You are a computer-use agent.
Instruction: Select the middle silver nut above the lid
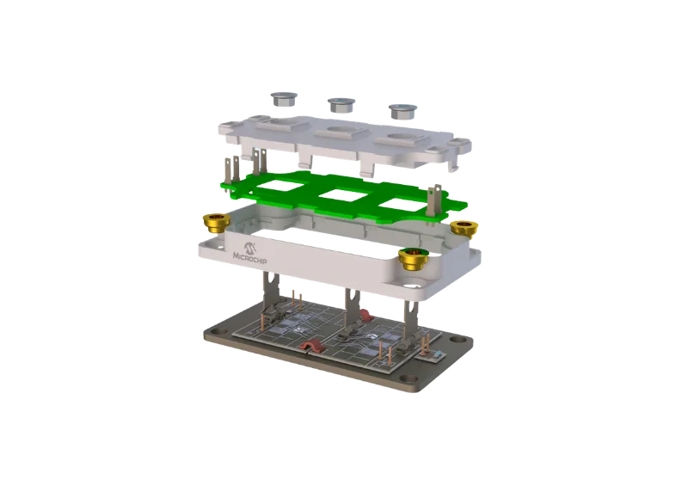pyautogui.click(x=340, y=107)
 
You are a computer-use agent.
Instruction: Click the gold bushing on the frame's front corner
pyautogui.click(x=414, y=256)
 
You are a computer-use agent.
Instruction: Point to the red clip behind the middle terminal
pyautogui.click(x=351, y=298)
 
